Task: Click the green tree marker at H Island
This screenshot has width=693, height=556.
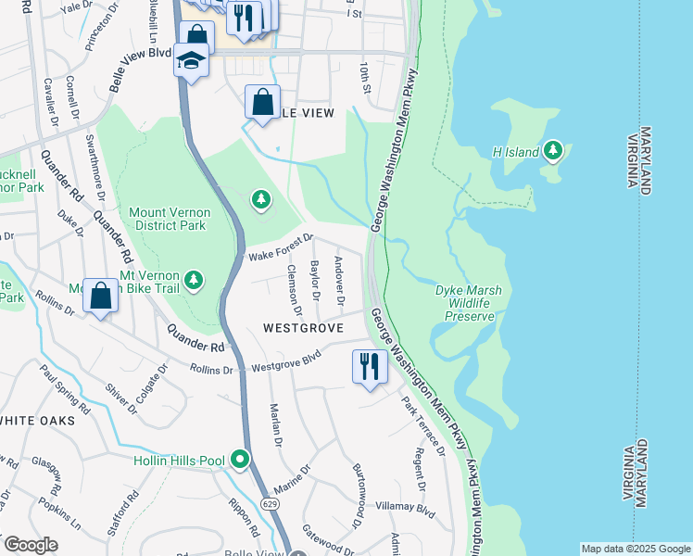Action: pyautogui.click(x=553, y=149)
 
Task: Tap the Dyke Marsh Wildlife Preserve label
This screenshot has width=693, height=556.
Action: pyautogui.click(x=469, y=303)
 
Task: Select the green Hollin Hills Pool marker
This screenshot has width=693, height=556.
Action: pyautogui.click(x=241, y=459)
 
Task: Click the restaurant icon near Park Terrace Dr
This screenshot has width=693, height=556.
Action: pyautogui.click(x=368, y=367)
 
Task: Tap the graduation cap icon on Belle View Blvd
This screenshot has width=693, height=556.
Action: pyautogui.click(x=192, y=62)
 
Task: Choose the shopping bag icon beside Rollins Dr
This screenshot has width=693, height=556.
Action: pyautogui.click(x=101, y=296)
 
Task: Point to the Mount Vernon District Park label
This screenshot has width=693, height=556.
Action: pyautogui.click(x=170, y=219)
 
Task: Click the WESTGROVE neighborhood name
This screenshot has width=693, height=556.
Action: pyautogui.click(x=303, y=328)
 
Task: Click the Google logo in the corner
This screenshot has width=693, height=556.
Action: pyautogui.click(x=31, y=545)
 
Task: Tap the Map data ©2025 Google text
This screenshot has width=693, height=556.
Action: pyautogui.click(x=635, y=549)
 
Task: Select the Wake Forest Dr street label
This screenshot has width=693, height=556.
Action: pyautogui.click(x=279, y=246)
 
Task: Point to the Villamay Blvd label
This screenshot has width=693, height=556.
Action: pyautogui.click(x=405, y=508)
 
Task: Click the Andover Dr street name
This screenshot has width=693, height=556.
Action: pyautogui.click(x=339, y=282)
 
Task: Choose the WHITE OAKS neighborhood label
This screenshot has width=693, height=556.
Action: pyautogui.click(x=37, y=421)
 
